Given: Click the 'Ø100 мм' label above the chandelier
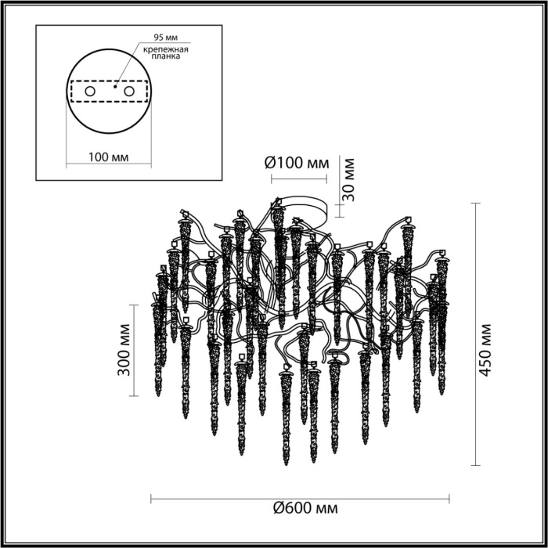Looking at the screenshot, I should click(x=296, y=164).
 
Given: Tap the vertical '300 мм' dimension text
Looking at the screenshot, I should click(x=123, y=351).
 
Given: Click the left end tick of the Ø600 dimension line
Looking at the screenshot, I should click(x=150, y=497).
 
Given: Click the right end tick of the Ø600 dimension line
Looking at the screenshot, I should click(x=449, y=497).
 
